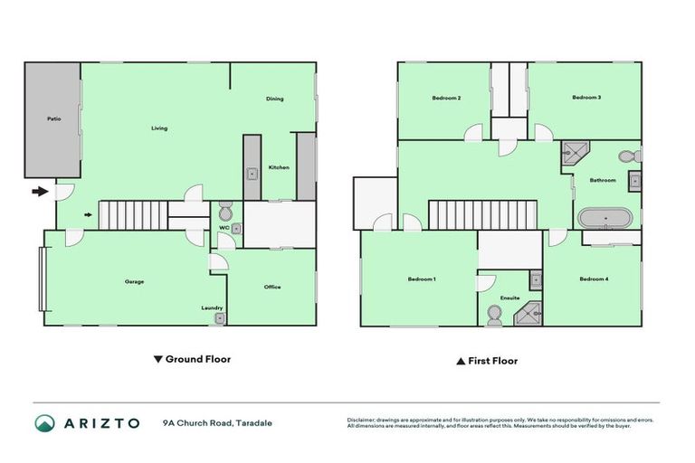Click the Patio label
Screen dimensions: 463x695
[53, 118]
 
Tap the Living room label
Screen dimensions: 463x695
[159, 128]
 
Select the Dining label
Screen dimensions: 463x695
[275, 99]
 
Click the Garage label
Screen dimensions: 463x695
[134, 281]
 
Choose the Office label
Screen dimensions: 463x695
[272, 287]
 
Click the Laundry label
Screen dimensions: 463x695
[212, 307]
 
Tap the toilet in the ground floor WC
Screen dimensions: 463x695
[225, 213]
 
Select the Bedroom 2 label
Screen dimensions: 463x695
[447, 98]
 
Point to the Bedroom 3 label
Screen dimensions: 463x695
[586, 98]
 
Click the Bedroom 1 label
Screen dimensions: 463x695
[422, 279]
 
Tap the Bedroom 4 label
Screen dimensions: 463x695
[594, 279]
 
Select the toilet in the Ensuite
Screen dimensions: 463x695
[494, 313]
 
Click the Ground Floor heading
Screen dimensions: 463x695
[192, 359]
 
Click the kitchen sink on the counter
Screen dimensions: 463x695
[252, 172]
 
